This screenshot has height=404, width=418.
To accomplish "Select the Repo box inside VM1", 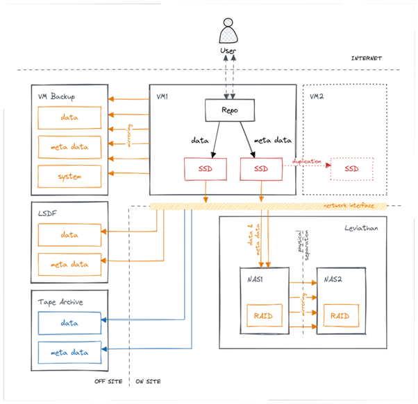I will (x=228, y=110).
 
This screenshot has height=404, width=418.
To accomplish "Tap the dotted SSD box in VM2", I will (x=351, y=169).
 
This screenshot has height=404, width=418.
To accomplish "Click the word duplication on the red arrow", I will (x=306, y=161).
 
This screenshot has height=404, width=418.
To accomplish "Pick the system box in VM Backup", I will (x=69, y=176).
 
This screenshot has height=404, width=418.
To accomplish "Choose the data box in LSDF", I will (x=69, y=235).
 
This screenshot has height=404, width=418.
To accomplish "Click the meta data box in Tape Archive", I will (x=69, y=352).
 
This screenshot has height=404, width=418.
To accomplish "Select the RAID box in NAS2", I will (x=340, y=315).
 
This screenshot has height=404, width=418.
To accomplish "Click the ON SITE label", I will (x=148, y=382).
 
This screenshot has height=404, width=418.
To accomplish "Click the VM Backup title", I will (x=58, y=96).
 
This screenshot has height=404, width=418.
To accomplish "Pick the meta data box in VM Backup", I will (x=69, y=146).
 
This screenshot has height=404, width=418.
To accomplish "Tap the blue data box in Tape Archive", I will (x=69, y=322).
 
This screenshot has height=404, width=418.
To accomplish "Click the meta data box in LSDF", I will (x=69, y=264).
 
